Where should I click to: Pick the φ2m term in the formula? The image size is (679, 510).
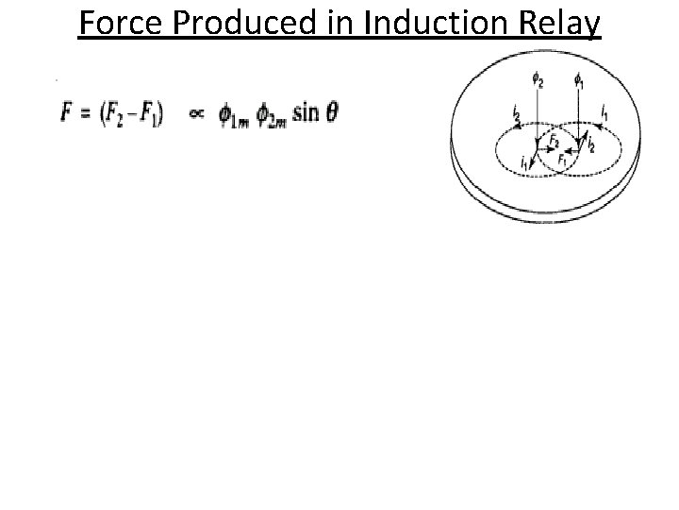point(270,116)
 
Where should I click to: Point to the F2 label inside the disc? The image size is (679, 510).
point(555,142)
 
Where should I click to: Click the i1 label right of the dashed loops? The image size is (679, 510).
point(604,112)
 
